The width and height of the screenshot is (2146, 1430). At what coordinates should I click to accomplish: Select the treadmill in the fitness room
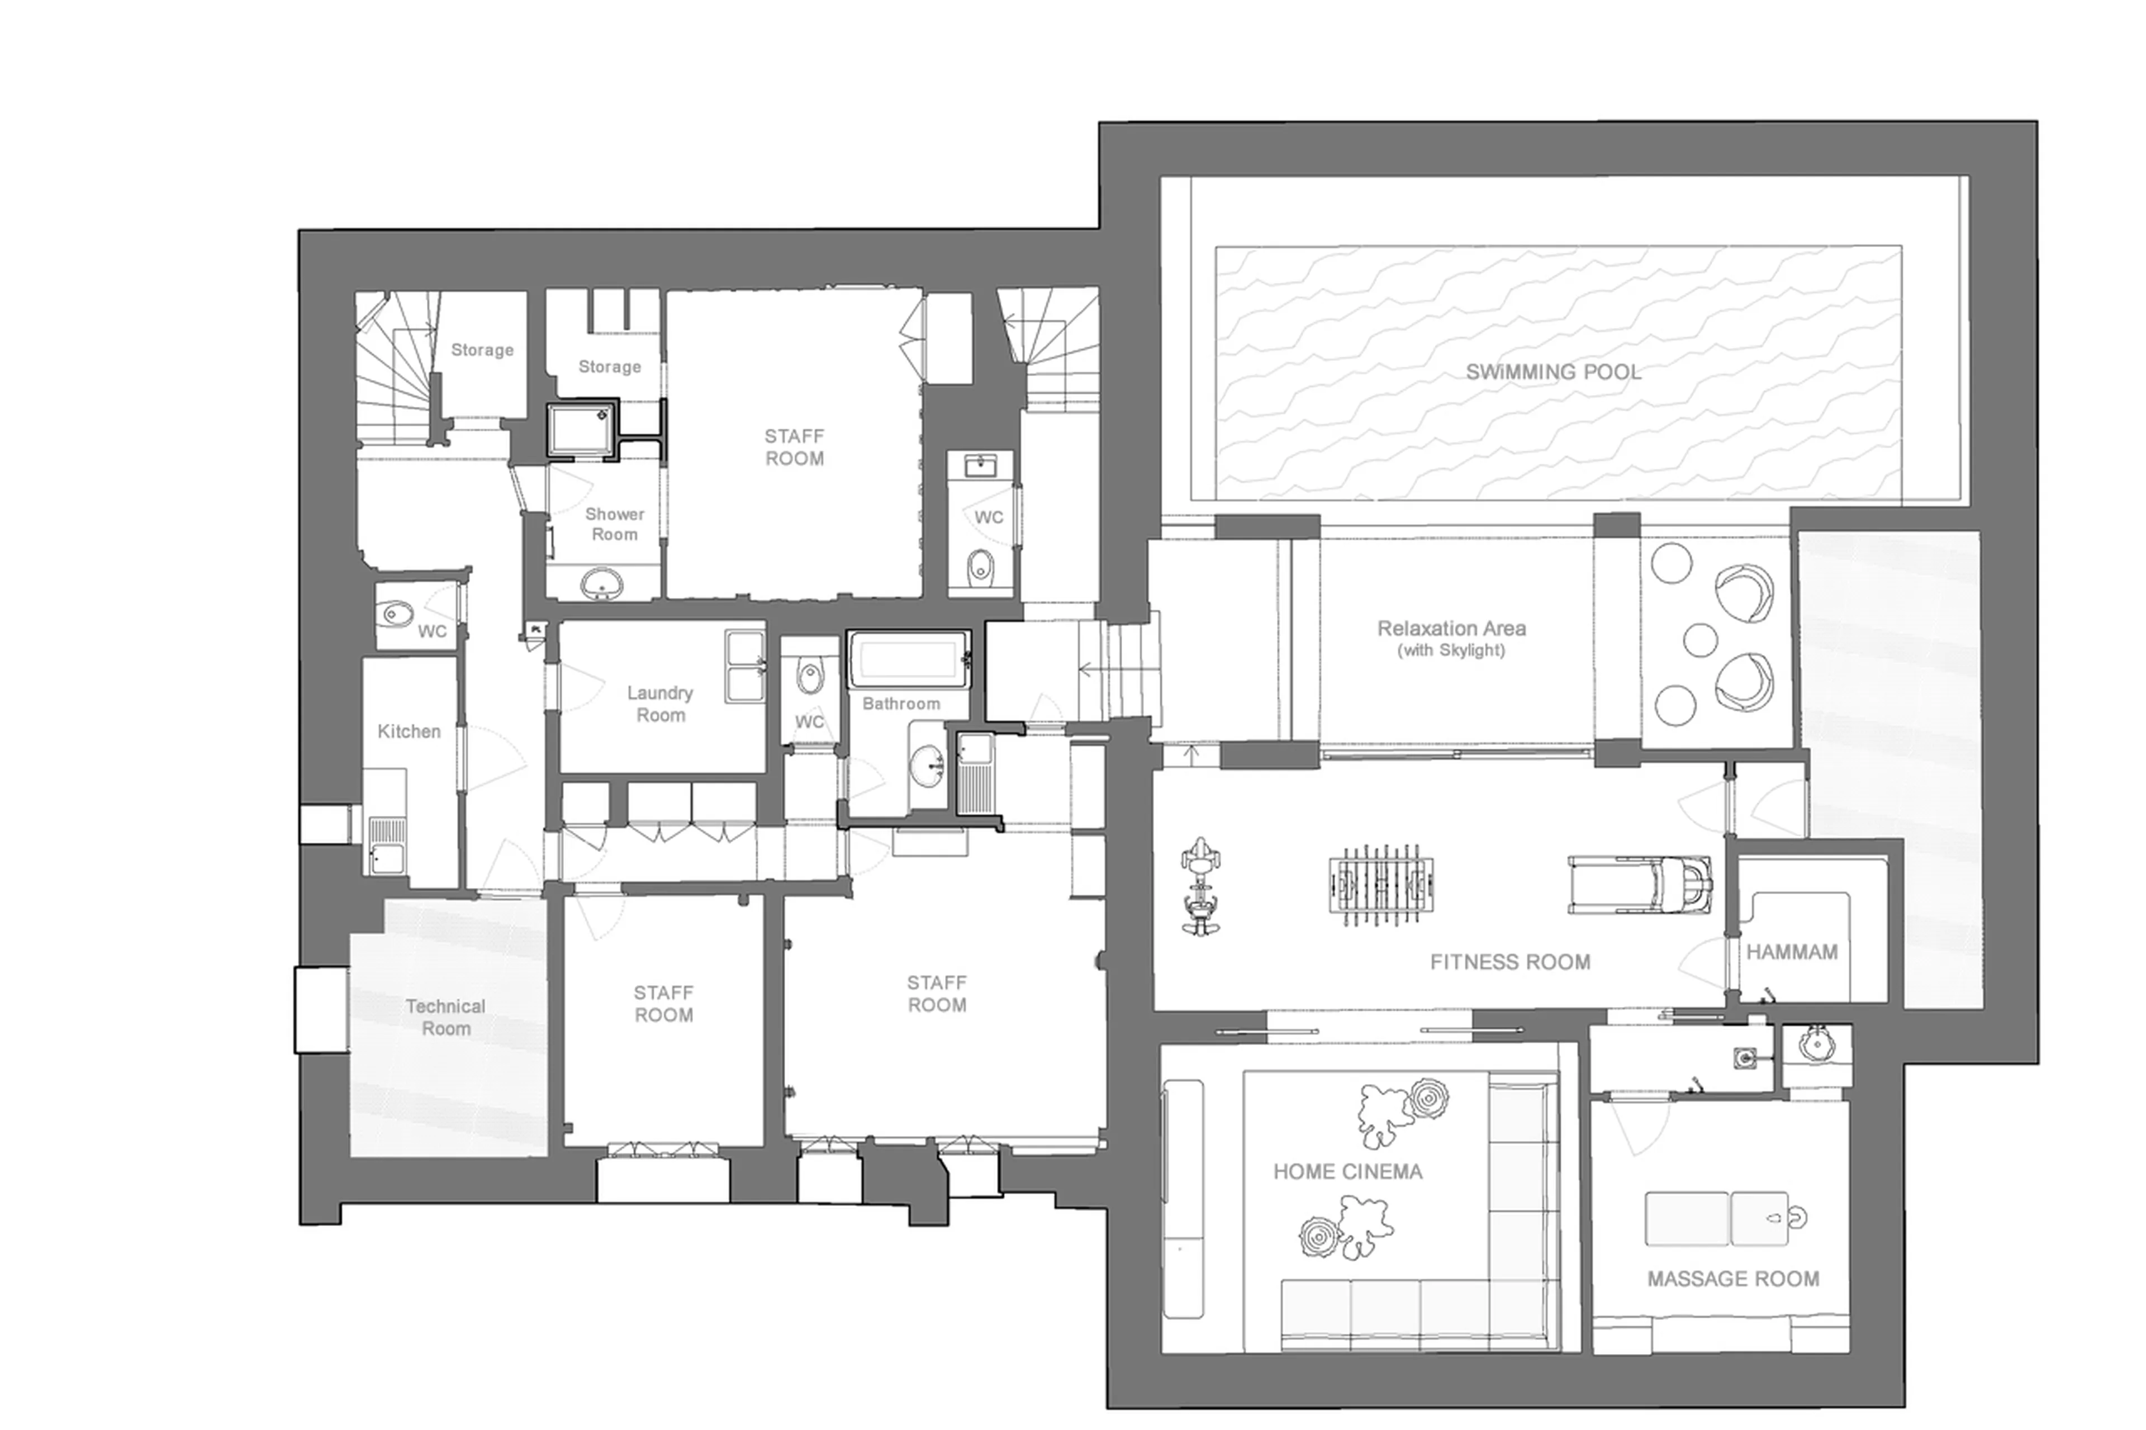tap(1639, 883)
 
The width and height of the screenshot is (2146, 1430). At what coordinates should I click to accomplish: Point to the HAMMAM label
tap(1791, 952)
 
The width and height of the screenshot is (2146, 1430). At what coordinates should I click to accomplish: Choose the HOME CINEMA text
tap(1347, 1172)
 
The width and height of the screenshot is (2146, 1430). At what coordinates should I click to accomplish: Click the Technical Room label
tap(445, 1017)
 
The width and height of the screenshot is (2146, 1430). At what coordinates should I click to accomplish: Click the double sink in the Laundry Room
tap(745, 667)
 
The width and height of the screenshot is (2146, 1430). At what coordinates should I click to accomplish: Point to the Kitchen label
tap(409, 731)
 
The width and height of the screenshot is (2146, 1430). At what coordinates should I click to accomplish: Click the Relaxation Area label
tap(1451, 628)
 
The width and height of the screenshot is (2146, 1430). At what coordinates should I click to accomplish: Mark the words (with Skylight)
tap(1451, 651)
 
